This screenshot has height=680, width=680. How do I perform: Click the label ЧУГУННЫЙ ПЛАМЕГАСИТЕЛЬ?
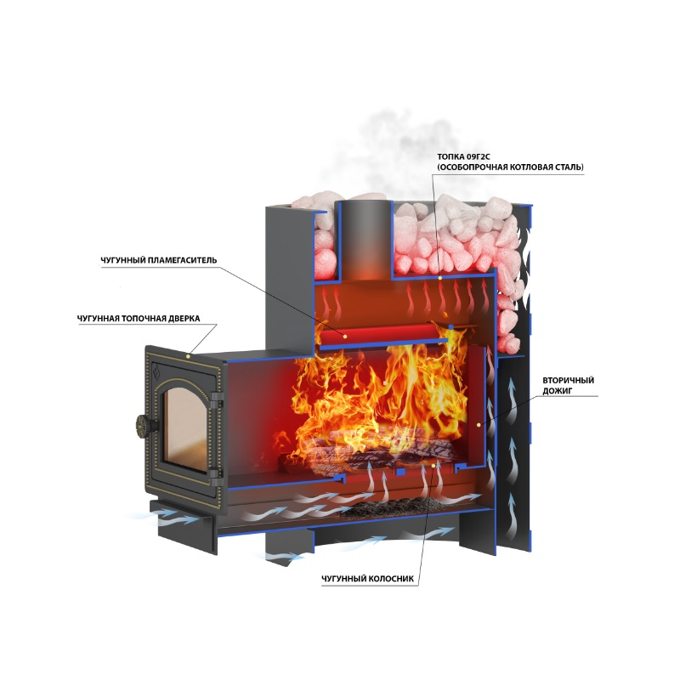(158, 260)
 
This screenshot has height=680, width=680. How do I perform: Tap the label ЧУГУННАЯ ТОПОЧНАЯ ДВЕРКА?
(139, 318)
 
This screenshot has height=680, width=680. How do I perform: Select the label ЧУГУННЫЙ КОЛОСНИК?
(367, 579)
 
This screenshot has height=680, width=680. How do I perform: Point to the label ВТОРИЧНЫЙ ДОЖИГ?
(568, 386)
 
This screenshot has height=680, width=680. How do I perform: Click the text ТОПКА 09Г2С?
(463, 156)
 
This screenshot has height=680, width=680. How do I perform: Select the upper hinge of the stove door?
(217, 397)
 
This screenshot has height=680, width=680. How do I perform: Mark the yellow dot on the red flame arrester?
(345, 336)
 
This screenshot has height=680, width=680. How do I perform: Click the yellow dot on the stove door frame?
(188, 356)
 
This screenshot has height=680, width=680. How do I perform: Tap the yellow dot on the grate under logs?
(433, 465)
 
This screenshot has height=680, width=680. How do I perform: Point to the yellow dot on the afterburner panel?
(478, 424)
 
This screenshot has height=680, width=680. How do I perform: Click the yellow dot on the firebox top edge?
(439, 277)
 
